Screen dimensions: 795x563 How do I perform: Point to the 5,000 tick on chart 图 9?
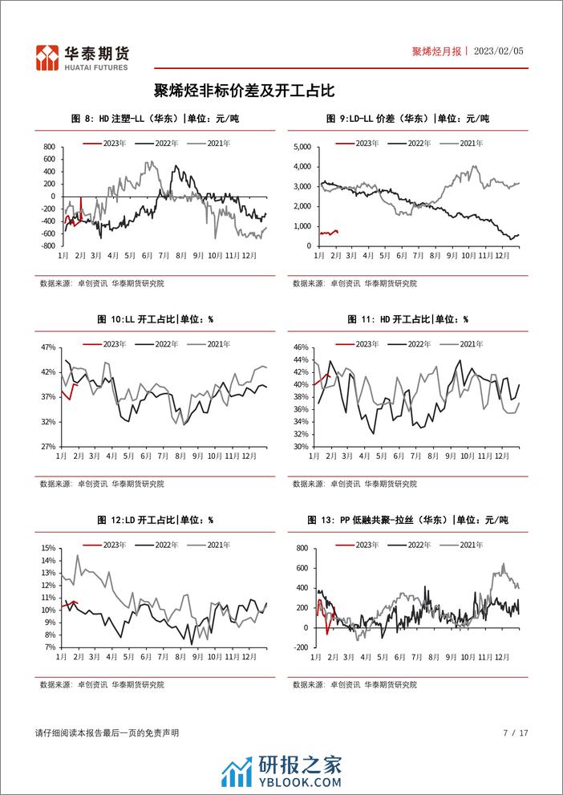click(298, 148)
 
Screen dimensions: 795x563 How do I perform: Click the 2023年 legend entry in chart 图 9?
click(360, 143)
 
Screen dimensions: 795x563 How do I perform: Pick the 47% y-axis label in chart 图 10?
click(47, 347)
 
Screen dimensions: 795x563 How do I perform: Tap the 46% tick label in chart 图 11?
click(300, 347)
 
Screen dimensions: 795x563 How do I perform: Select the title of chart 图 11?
click(407, 319)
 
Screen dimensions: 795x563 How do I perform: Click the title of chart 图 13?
click(407, 520)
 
